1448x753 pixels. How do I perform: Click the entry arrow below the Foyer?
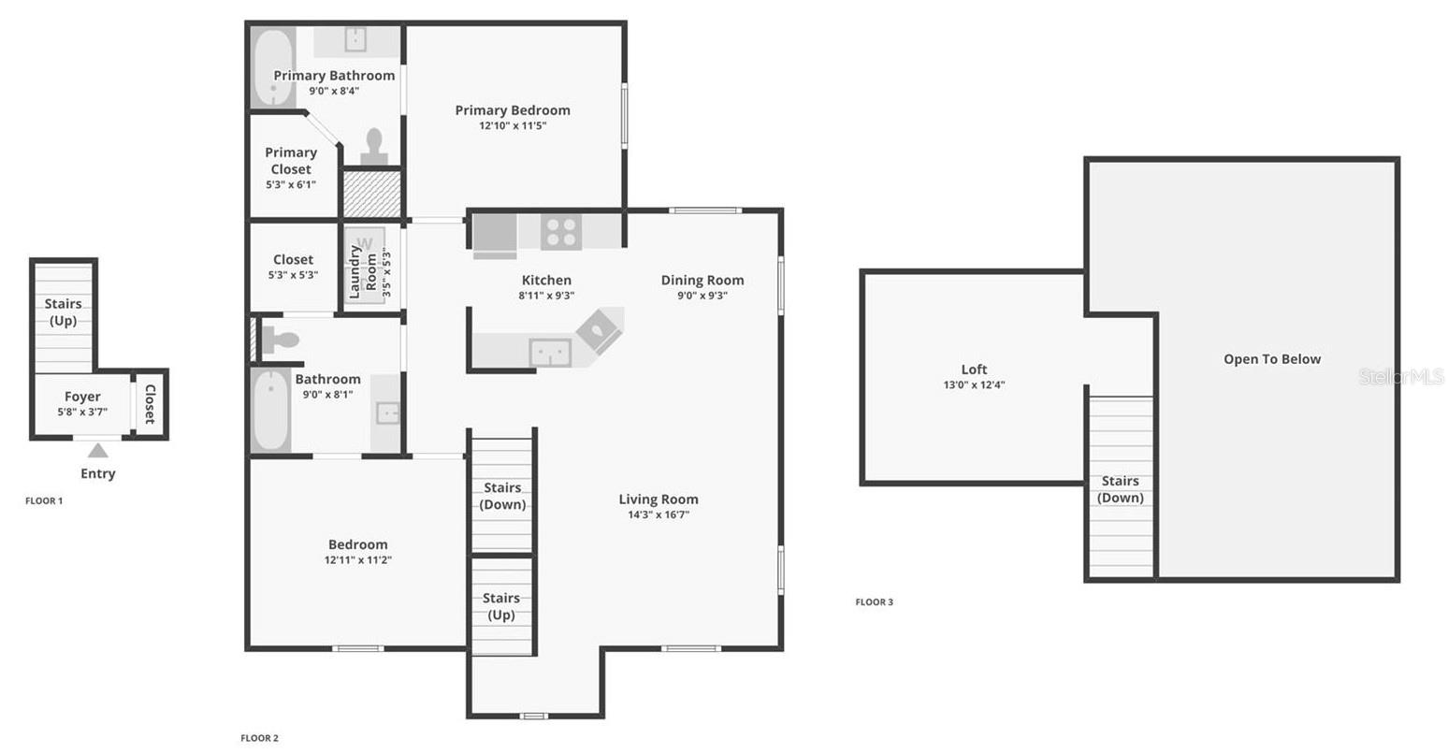pos(97,451)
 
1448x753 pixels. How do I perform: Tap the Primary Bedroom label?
pos(512,110)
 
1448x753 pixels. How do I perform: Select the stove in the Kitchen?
pos(561,232)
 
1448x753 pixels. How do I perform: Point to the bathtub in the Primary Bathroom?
pos(273,69)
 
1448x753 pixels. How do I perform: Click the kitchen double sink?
pos(550,353)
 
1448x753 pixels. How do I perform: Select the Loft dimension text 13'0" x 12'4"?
pos(974,385)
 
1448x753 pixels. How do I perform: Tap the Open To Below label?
pos(1272,359)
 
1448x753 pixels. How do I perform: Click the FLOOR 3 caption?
pos(874,602)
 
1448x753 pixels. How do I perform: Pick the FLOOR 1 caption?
pos(44,501)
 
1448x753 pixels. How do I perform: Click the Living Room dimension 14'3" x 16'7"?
pos(659,515)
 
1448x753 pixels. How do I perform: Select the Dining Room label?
pos(702,280)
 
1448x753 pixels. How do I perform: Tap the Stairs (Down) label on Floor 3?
pos(1120,489)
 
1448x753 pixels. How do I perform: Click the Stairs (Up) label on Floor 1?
pos(63,312)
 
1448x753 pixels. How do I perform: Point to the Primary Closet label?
pos(291,161)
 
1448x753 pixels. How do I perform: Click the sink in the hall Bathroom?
pos(387,413)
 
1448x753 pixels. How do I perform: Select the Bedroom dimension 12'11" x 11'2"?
pos(357,560)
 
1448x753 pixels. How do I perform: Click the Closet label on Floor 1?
pos(150,404)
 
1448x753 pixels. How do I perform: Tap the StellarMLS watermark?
pos(1400,377)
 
